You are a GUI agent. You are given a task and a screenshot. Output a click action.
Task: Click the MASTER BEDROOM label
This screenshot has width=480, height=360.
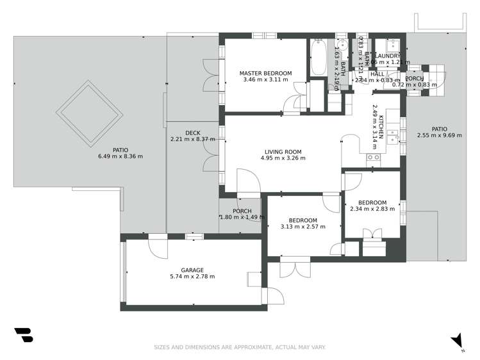265,74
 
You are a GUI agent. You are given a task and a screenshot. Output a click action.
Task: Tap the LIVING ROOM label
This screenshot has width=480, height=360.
283,152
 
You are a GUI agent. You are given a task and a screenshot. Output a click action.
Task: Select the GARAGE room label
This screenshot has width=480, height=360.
192,270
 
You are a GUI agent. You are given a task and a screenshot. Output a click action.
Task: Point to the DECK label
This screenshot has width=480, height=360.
192,133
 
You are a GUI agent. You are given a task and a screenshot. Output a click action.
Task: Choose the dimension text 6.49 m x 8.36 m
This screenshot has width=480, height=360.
120,156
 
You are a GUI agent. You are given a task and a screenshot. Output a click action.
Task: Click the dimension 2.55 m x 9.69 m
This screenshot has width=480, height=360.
439,135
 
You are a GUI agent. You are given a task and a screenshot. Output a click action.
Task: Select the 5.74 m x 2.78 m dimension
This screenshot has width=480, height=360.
192,277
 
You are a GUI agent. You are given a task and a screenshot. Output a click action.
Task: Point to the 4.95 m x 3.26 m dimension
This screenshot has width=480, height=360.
283,159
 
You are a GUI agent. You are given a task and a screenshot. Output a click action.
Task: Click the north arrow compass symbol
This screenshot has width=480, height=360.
456,340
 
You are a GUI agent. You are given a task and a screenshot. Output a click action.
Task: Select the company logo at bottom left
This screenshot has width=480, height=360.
23,335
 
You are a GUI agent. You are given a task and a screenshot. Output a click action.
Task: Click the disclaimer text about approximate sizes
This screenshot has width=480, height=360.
240,347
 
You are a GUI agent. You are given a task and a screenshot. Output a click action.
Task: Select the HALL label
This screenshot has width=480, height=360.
377,74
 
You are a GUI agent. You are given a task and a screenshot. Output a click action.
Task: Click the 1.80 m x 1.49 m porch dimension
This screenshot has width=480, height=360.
242,217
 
